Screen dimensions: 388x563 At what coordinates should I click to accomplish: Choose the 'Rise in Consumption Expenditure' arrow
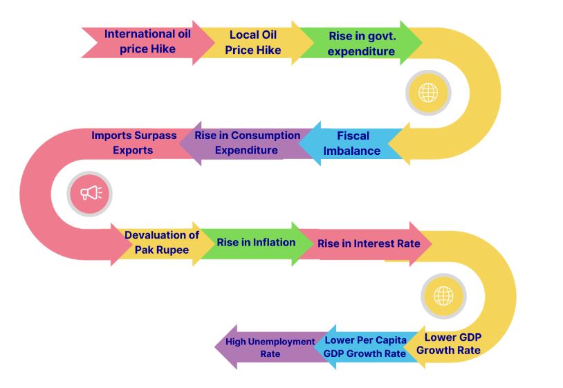pos(247,143)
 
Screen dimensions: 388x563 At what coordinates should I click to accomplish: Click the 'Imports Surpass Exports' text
pos(134,142)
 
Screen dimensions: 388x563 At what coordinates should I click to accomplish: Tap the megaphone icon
pos(90,192)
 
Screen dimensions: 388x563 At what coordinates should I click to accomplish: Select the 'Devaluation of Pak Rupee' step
pos(161,243)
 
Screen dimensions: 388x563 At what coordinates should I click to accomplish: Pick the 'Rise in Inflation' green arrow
pos(256,243)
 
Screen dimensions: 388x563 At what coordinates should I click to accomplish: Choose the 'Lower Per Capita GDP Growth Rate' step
pos(364,347)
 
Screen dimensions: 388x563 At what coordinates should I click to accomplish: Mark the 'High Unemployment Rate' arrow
pos(270,347)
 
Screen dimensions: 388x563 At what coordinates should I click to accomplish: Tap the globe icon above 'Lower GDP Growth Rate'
pos(443,295)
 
